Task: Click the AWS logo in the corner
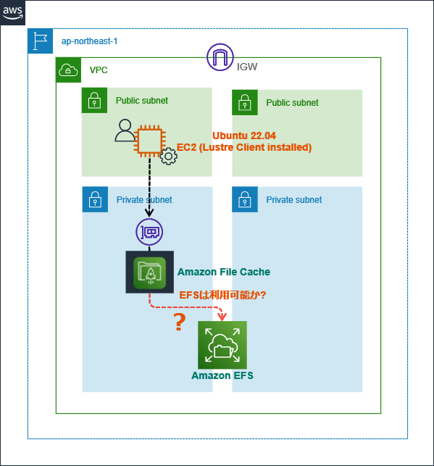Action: pyautogui.click(x=12, y=12)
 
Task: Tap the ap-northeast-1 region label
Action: pyautogui.click(x=89, y=41)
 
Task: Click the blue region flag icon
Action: pyautogui.click(x=40, y=41)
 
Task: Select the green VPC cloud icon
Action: pyautogui.click(x=68, y=70)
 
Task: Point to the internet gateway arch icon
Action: pyautogui.click(x=220, y=57)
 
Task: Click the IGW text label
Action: pyautogui.click(x=247, y=67)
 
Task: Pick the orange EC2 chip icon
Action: pyautogui.click(x=150, y=141)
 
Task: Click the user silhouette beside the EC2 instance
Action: pyautogui.click(x=125, y=130)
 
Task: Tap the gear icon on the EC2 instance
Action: pyautogui.click(x=168, y=156)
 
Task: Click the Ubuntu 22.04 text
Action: pyautogui.click(x=244, y=136)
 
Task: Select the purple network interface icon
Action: pyautogui.click(x=149, y=232)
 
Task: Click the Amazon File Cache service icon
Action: pyautogui.click(x=150, y=272)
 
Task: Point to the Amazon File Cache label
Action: pyautogui.click(x=224, y=272)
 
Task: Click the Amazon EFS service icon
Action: pyautogui.click(x=222, y=345)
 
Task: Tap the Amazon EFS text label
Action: pyautogui.click(x=222, y=375)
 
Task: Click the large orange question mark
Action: pyautogui.click(x=180, y=323)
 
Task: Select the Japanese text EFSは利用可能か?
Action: pyautogui.click(x=222, y=295)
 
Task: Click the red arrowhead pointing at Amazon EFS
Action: pyautogui.click(x=222, y=317)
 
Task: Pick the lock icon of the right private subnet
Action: pyautogui.click(x=245, y=199)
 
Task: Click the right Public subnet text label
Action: pyautogui.click(x=292, y=103)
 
